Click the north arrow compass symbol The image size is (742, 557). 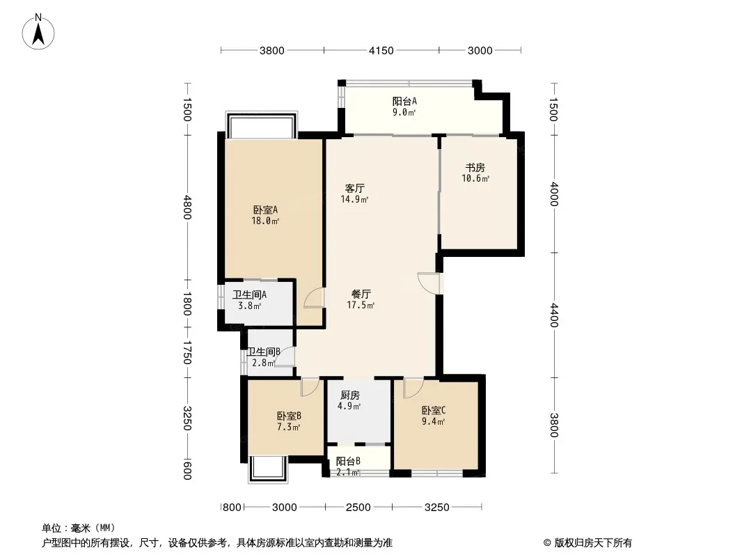pyautogui.click(x=38, y=32)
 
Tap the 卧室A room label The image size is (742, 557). pyautogui.click(x=265, y=210)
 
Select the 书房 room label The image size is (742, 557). pyautogui.click(x=475, y=168)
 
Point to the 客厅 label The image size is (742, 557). pyautogui.click(x=354, y=189)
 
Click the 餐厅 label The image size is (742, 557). pyautogui.click(x=361, y=295)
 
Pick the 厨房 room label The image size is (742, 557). pyautogui.click(x=349, y=395)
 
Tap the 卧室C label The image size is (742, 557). pyautogui.click(x=434, y=411)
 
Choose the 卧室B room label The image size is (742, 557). pyautogui.click(x=289, y=416)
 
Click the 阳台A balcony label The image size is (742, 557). pyautogui.click(x=404, y=101)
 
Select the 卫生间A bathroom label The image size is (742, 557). pyautogui.click(x=249, y=295)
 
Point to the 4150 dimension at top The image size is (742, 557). pyautogui.click(x=381, y=50)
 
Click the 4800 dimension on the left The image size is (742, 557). pyautogui.click(x=187, y=207)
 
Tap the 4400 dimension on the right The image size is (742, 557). pyautogui.click(x=554, y=315)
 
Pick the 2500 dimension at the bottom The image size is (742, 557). pyautogui.click(x=358, y=508)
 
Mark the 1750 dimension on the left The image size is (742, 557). pyautogui.click(x=187, y=352)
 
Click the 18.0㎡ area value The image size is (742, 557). pyautogui.click(x=265, y=221)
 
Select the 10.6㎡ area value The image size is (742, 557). pyautogui.click(x=475, y=178)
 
